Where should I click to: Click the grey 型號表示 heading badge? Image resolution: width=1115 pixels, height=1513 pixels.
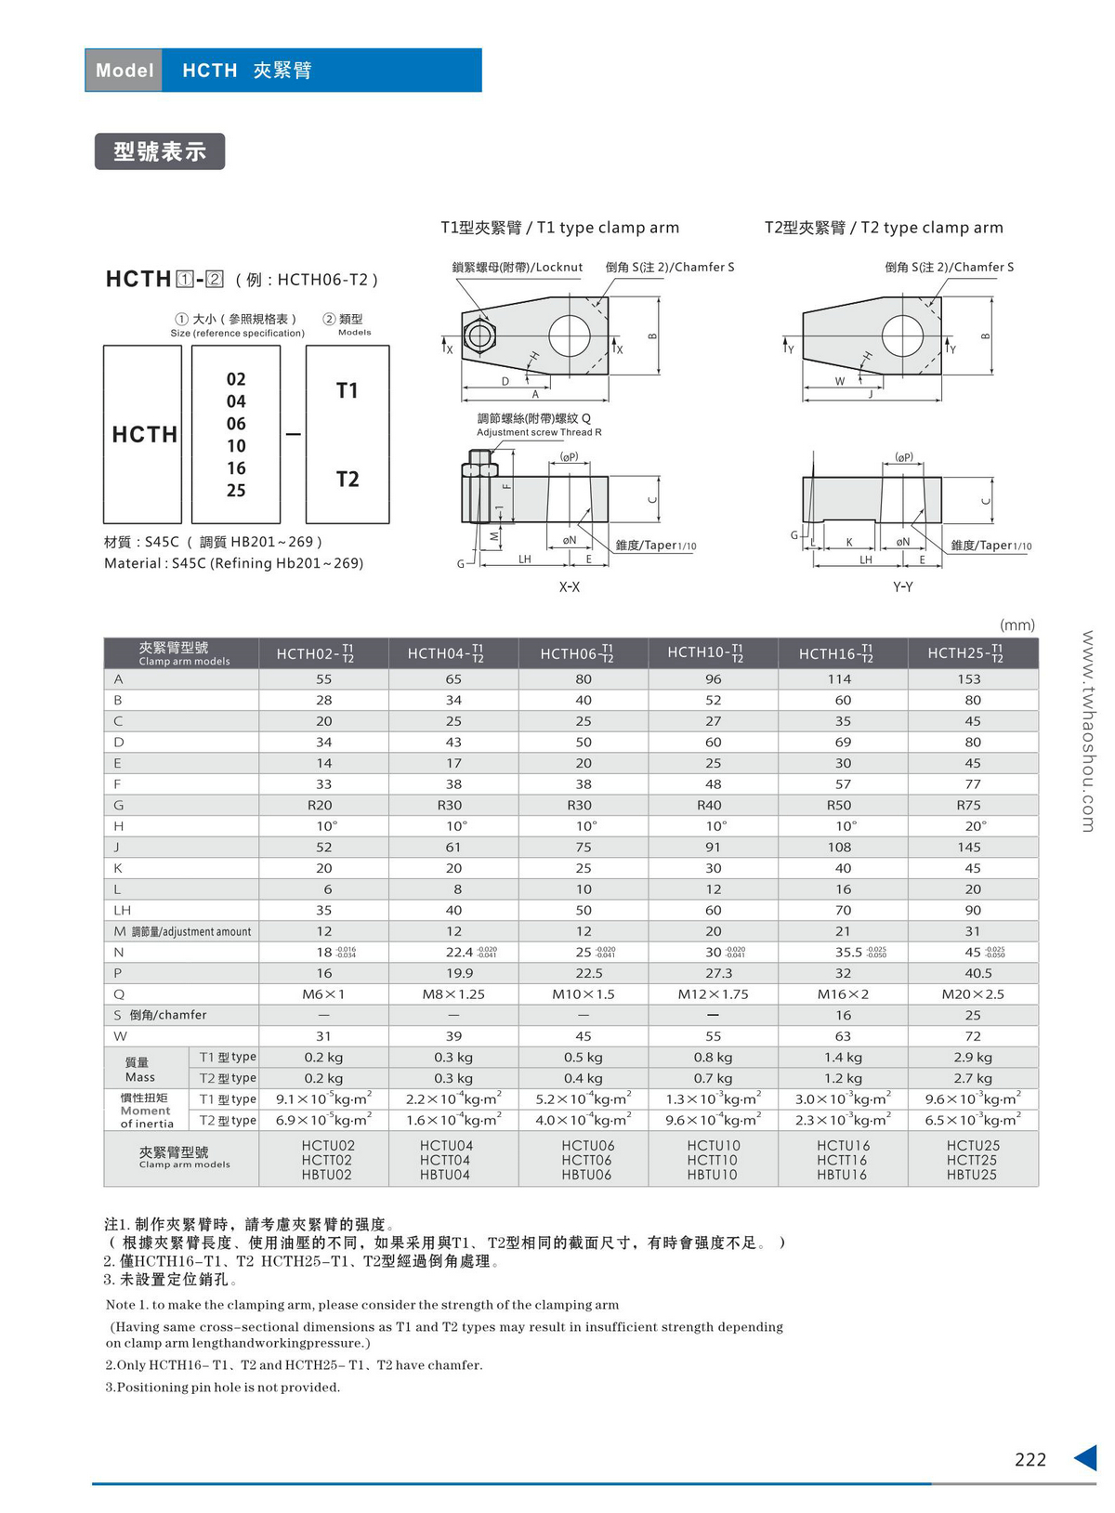159,151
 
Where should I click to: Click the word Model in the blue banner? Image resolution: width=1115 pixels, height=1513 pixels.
125,71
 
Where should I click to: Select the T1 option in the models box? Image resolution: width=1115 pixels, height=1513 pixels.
347,390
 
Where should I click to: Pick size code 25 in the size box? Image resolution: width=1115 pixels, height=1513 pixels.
236,491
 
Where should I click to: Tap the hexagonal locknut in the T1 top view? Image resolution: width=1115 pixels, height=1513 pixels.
479,335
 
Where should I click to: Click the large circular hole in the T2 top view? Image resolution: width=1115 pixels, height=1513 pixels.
902,335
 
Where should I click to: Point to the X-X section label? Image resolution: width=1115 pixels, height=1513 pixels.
569,587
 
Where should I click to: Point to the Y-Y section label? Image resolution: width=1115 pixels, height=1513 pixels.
902,587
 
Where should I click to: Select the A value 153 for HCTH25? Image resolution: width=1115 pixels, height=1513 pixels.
969,679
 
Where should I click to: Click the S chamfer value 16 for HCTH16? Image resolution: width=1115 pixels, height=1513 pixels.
843,1015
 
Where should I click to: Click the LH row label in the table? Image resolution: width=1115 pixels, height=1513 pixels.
123,911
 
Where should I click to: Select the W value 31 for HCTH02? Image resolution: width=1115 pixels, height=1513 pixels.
323,1036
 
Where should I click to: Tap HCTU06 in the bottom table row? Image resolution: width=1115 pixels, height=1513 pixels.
587,1146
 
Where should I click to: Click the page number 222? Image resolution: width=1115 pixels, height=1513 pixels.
1030,1460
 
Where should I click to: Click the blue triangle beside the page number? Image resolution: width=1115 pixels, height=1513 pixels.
1085,1457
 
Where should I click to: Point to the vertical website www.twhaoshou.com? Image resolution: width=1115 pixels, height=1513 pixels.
1088,730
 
